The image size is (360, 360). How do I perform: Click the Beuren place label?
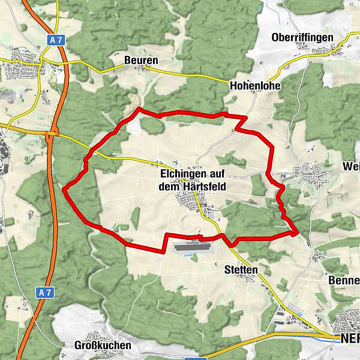pos(141,61)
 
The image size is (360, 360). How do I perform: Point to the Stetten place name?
pos(242,270)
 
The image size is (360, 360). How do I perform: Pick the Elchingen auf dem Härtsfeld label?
pos(193,179)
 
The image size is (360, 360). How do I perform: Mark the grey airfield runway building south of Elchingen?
pos(193,246)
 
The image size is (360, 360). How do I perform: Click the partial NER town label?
pos(347,338)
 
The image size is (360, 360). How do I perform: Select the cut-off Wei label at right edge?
pos(351,166)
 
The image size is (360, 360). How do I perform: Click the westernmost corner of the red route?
pos(63,189)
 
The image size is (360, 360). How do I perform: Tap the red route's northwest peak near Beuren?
pos(139,108)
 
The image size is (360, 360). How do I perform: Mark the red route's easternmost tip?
pos(297,233)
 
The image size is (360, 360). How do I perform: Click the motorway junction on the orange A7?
pos(54,133)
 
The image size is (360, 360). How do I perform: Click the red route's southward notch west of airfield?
pos(164,251)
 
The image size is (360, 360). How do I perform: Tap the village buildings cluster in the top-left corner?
pos(19,70)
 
